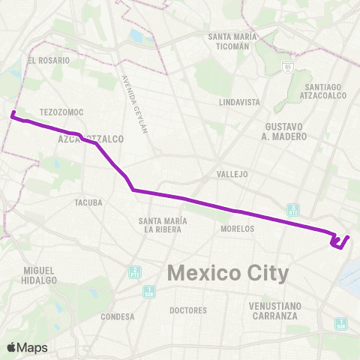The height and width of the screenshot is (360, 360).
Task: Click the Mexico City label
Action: [x=227, y=273]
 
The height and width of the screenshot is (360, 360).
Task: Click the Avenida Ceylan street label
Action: [x=136, y=104]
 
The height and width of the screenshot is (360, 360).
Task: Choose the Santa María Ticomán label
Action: [x=232, y=41]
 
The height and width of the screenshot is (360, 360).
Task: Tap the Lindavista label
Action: [x=239, y=101]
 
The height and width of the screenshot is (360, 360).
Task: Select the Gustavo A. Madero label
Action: [x=284, y=131]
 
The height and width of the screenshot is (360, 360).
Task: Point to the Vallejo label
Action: [x=232, y=173]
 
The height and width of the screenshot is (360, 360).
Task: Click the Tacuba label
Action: [x=88, y=202]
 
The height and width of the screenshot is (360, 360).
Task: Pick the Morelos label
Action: [x=238, y=229]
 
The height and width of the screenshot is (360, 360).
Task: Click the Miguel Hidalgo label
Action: [x=40, y=274]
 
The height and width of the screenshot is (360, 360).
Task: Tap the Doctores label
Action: [x=188, y=310]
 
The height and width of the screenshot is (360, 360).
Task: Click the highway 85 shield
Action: [x=289, y=67]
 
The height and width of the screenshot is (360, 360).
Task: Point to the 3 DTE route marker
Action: [x=294, y=209]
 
